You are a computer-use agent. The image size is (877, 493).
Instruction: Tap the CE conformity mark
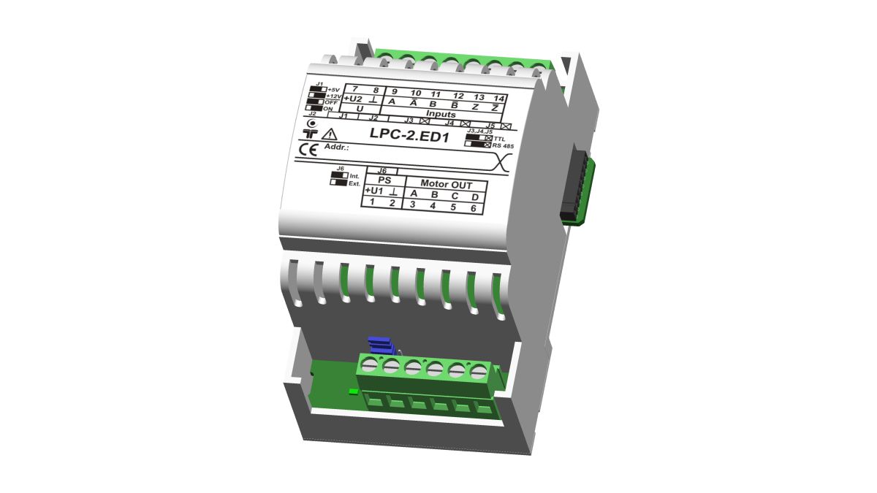[309, 150]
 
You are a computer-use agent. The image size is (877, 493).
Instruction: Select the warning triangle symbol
[330, 134]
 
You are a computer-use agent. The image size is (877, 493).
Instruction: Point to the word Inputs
[441, 115]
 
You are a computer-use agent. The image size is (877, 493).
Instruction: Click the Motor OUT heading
[446, 184]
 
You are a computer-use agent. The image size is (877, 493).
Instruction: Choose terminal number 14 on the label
[499, 98]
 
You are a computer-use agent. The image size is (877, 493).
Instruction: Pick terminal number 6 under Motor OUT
[473, 208]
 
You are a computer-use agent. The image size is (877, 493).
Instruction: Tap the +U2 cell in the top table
[353, 99]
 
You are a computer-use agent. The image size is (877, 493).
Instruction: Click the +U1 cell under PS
[373, 191]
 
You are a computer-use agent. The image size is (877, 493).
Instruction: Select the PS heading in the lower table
[384, 180]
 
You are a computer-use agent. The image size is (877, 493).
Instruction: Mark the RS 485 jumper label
[504, 145]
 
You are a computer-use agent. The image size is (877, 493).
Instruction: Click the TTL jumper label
[499, 137]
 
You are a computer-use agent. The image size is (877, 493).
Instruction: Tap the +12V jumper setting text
[333, 96]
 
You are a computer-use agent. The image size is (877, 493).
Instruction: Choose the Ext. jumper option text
[354, 183]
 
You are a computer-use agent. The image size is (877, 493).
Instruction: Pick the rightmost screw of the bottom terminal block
[479, 372]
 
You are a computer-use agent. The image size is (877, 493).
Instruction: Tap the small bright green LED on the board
[352, 391]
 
